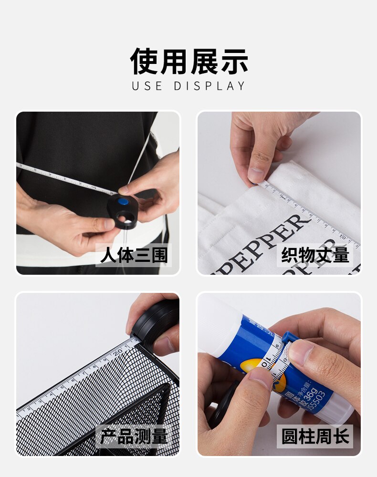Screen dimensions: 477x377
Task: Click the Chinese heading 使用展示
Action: pos(188,62)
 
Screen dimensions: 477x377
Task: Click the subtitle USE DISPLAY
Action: pos(188,86)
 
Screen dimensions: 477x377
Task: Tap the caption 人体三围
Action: pos(134,255)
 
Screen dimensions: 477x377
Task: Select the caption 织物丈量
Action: pos(315,255)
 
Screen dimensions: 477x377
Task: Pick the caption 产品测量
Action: pos(134,436)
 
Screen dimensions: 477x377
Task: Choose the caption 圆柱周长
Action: pos(315,436)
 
